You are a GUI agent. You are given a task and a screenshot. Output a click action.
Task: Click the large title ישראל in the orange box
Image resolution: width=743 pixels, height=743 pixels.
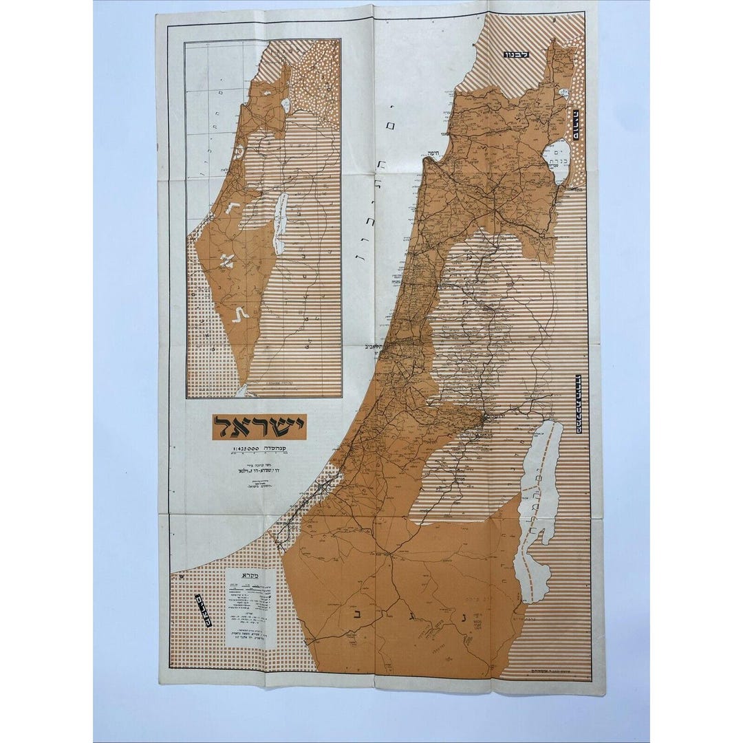[x=259, y=427]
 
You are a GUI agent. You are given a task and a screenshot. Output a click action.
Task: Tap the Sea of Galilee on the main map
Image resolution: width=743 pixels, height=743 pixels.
[x=557, y=162]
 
